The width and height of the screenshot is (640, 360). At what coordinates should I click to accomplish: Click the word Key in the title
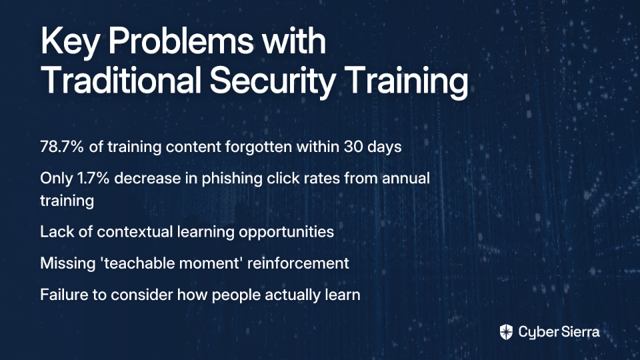[x=69, y=42]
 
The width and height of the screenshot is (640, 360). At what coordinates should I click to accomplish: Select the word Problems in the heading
[x=181, y=41]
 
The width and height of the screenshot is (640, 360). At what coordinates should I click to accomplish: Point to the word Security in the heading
[x=272, y=81]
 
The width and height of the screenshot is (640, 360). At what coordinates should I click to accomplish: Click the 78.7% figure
[x=62, y=147]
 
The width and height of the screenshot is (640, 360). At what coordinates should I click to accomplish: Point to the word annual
[x=406, y=179]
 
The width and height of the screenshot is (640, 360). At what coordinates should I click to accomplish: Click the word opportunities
[x=286, y=232]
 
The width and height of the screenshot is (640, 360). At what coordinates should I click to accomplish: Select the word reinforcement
[x=298, y=263]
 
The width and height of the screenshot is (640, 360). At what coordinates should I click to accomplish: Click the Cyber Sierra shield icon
[x=506, y=332]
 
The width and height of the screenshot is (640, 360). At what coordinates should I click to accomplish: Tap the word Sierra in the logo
[x=579, y=331]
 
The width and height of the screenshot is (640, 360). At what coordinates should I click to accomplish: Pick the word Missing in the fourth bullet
[x=68, y=264]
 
